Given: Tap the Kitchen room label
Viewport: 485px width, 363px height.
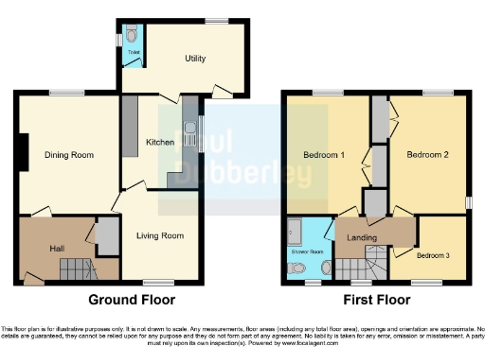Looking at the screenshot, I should pyautogui.click(x=159, y=143).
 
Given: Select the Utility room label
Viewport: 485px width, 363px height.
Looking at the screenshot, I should pyautogui.click(x=195, y=59).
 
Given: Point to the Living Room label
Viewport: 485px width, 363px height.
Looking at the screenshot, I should pyautogui.click(x=159, y=235).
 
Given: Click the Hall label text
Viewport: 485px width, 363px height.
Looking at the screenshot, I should pyautogui.click(x=57, y=248).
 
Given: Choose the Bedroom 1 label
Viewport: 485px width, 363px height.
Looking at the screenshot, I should pyautogui.click(x=323, y=155).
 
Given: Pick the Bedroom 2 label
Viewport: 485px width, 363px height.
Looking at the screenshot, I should pyautogui.click(x=426, y=155).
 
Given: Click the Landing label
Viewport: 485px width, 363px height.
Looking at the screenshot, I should pyautogui.click(x=363, y=237).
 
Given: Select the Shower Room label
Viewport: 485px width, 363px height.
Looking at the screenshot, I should pyautogui.click(x=306, y=253).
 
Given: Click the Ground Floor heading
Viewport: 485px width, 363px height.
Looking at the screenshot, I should pyautogui.click(x=132, y=301).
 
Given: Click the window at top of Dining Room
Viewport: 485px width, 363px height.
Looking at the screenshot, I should pyautogui.click(x=65, y=91).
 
